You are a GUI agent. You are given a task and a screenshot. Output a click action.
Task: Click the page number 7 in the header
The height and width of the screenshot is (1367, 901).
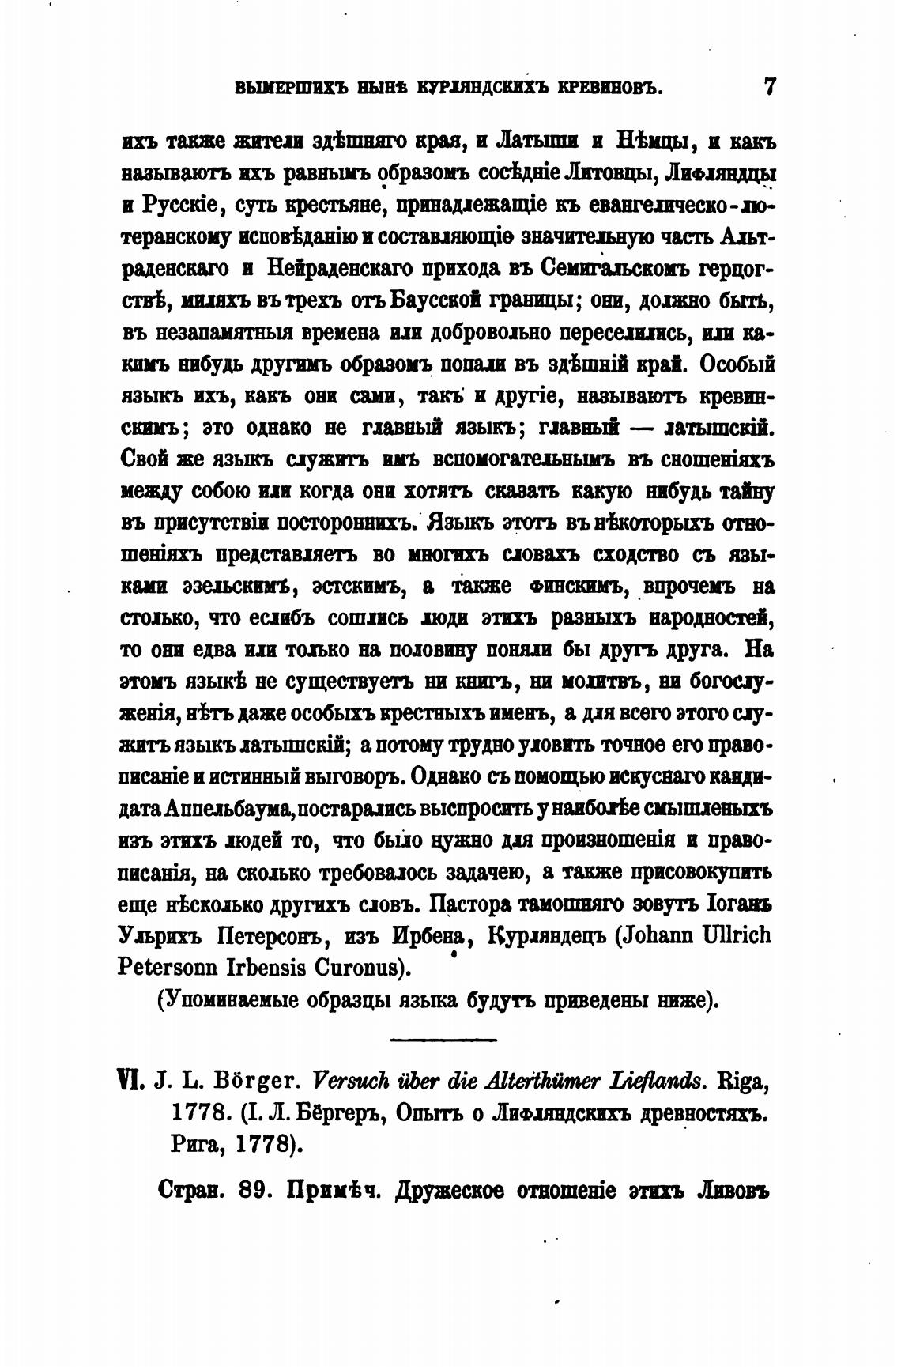pyautogui.click(x=770, y=86)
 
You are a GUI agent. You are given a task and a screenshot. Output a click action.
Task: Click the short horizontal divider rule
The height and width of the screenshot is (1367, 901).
pyautogui.click(x=443, y=1039)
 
